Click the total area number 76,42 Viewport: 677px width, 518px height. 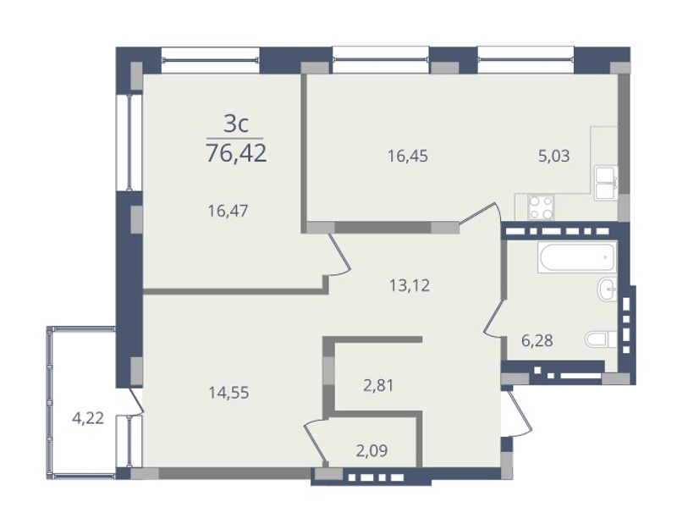(x=236, y=153)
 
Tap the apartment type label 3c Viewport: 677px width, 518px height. (x=236, y=124)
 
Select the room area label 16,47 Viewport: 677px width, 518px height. (x=228, y=211)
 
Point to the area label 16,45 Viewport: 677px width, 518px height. (x=408, y=156)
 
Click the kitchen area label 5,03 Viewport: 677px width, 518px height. (x=554, y=156)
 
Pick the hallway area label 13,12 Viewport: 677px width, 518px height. (x=410, y=285)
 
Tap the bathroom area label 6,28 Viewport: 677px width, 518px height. (x=537, y=340)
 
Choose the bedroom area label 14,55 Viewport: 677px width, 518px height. (x=228, y=393)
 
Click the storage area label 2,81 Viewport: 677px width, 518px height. (x=378, y=385)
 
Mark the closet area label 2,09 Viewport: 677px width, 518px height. (x=372, y=450)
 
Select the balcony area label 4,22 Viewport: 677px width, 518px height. (x=88, y=418)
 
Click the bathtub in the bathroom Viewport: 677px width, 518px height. (x=577, y=257)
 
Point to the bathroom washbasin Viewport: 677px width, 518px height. (x=607, y=289)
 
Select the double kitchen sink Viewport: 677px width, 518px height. (x=606, y=183)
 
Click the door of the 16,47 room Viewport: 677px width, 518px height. (x=340, y=255)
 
